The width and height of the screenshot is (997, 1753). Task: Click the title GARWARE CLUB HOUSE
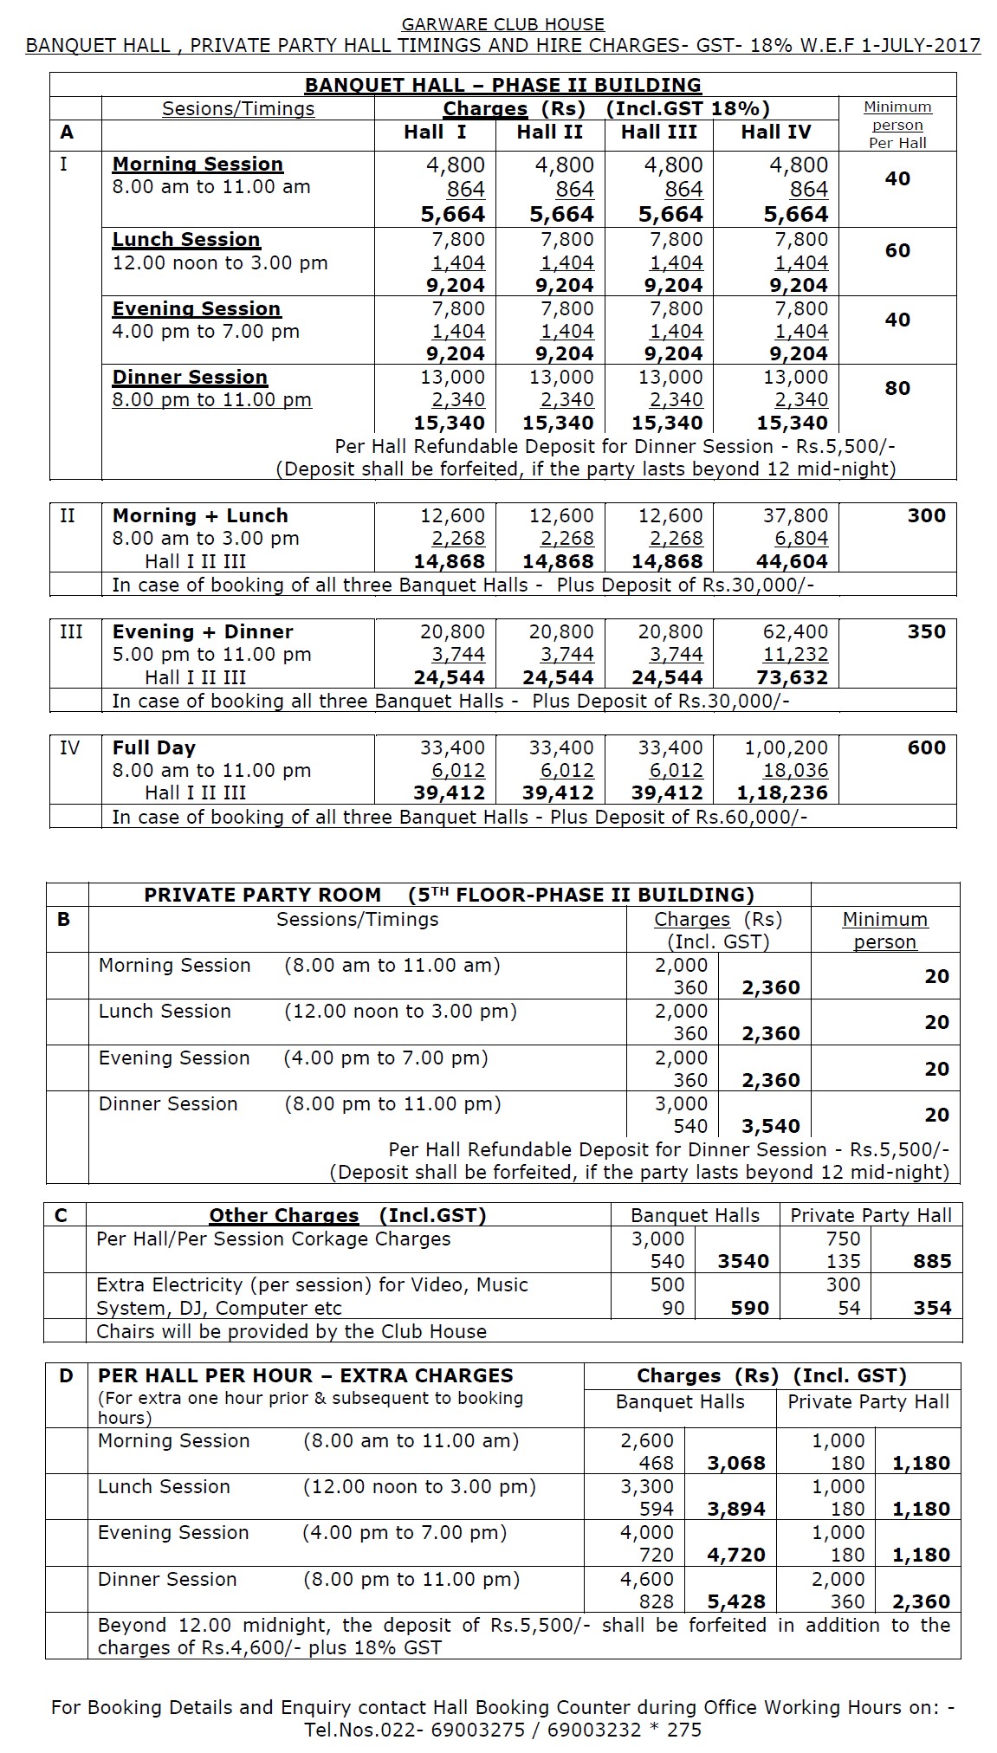(x=502, y=24)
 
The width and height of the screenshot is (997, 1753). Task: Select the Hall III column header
(x=658, y=132)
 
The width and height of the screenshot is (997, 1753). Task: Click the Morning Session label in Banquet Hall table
(x=197, y=165)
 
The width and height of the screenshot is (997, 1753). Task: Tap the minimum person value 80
(x=897, y=388)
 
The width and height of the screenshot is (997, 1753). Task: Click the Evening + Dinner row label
(x=203, y=631)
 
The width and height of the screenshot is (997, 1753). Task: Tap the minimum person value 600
(x=926, y=747)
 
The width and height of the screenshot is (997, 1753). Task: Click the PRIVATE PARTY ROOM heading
(x=262, y=895)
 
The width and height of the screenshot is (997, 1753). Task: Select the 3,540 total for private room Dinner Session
(x=770, y=1126)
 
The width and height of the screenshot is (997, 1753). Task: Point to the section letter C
(x=61, y=1215)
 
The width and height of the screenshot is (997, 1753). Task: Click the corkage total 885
(x=932, y=1262)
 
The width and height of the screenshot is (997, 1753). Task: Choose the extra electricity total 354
(x=932, y=1308)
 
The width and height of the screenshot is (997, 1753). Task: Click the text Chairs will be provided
(x=291, y=1331)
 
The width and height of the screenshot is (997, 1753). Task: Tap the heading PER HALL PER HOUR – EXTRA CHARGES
(x=305, y=1375)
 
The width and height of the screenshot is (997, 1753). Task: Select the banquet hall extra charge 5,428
(x=736, y=1601)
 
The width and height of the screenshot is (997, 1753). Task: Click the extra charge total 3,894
(x=736, y=1509)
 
